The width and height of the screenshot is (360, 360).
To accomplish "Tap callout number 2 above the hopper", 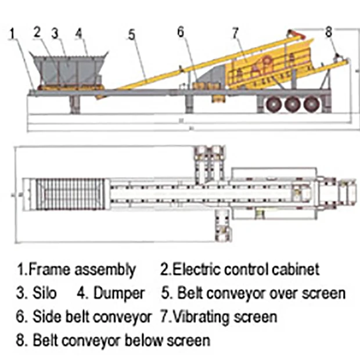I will pos(38,31).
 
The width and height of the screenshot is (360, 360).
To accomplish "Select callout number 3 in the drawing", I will pos(56,32).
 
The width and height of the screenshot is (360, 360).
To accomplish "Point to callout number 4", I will pos(80,32).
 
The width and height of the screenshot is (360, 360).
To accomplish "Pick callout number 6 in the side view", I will pos(181,32).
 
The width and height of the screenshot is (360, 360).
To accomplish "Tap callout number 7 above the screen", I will pos(235,33).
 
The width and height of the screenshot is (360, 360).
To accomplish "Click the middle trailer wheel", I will pos(293,105).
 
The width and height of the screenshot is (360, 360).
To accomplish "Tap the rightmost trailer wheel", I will pos(312,105).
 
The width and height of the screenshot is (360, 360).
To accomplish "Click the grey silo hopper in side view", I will pos(69,71).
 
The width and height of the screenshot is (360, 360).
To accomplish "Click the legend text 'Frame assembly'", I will pos(82,269).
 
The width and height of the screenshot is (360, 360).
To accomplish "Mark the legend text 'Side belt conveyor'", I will pos(91,316).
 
